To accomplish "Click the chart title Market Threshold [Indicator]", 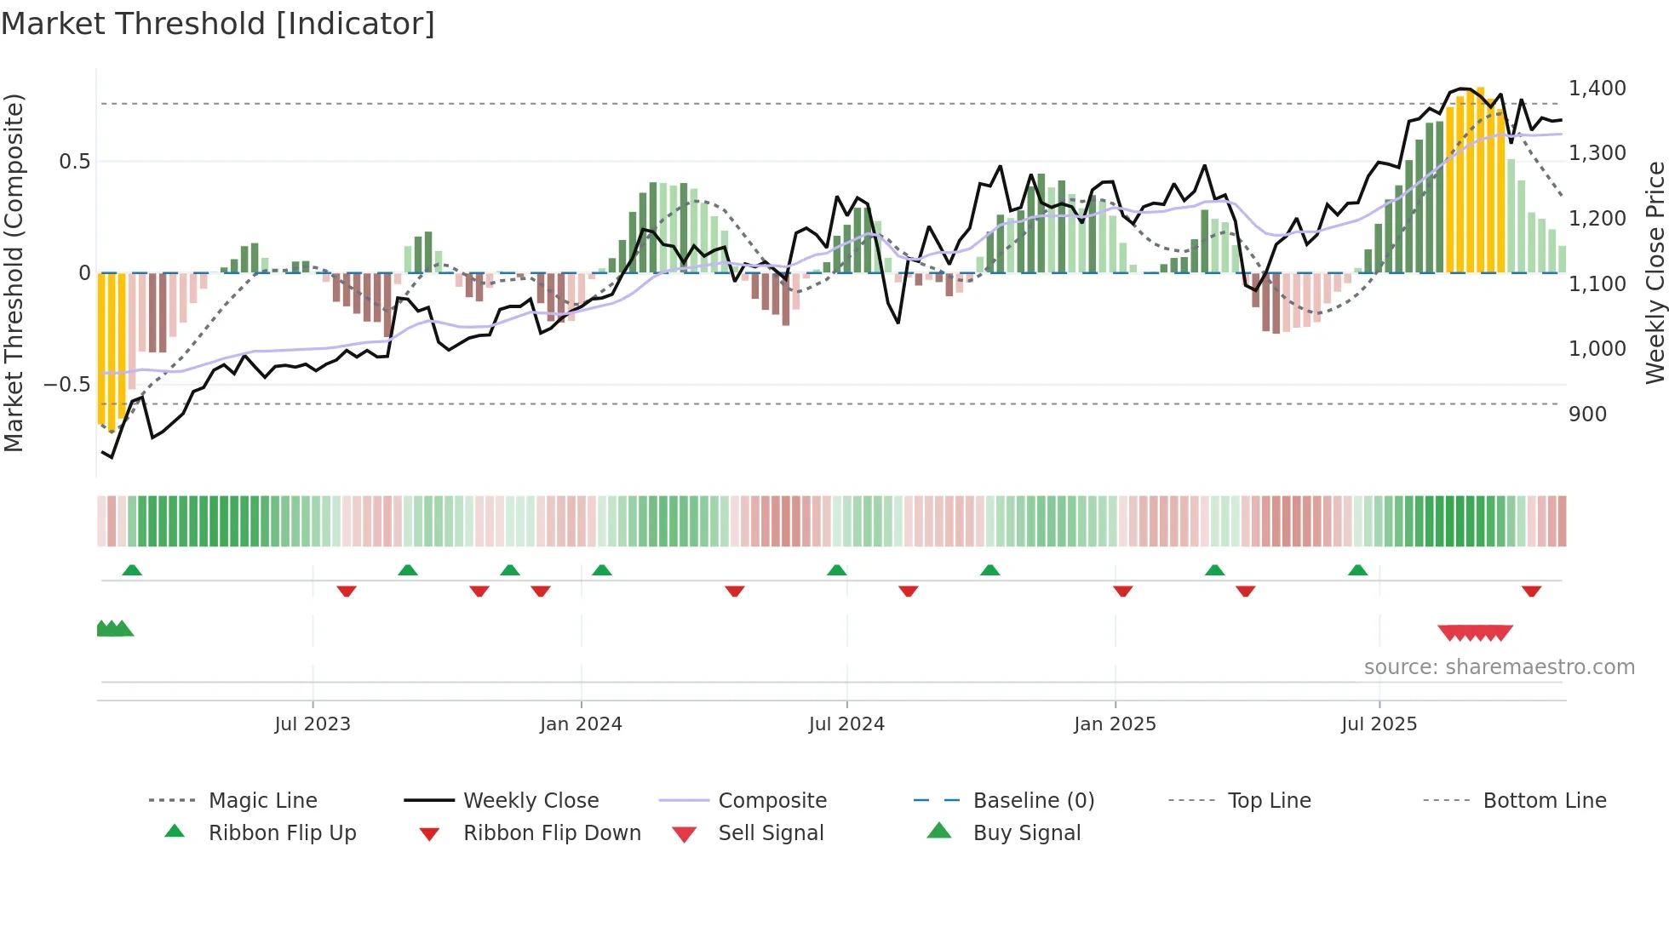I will point(218,24).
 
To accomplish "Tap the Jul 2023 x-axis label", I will point(313,724).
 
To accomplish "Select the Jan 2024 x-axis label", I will point(581,724).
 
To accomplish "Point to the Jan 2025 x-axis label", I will point(1115,724).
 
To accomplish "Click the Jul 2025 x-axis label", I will point(1379,724).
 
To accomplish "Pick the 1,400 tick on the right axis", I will point(1597,89).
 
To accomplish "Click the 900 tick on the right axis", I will point(1587,415).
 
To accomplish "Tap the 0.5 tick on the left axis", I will point(74,162).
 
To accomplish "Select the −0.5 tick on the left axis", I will point(66,385).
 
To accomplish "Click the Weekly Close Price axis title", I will point(1655,272).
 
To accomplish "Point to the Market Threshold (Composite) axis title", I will point(14,272).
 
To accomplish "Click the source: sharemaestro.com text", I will point(1499,667).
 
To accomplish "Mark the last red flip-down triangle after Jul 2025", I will point(1531,591).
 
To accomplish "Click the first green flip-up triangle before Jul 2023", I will point(132,570).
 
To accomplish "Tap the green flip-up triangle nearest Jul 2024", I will point(836,570).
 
